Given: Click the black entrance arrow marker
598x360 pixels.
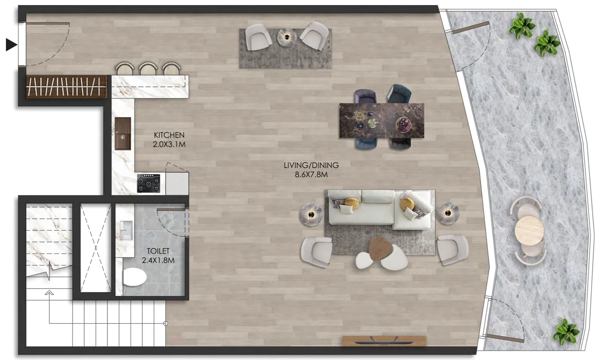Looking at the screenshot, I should click(x=11, y=44).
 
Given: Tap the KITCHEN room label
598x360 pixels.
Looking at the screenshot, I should click(x=169, y=136).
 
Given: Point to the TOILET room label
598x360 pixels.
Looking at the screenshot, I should click(x=158, y=251).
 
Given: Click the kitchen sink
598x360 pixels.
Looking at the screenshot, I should click(x=123, y=133).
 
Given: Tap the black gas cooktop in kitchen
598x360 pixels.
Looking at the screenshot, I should click(x=148, y=183).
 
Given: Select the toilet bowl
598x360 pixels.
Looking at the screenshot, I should click(x=135, y=277).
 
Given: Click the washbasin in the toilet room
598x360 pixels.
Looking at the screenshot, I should click(x=126, y=231).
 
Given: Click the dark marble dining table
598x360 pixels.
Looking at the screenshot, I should click(x=381, y=120).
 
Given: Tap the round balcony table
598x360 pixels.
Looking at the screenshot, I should click(x=529, y=231).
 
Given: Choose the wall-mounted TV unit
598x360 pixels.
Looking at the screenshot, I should click(x=384, y=341).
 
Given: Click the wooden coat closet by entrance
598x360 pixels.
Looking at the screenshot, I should click(x=66, y=87).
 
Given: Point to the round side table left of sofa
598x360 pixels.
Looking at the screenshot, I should click(x=311, y=214).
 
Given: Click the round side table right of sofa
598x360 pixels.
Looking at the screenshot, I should click(x=447, y=213).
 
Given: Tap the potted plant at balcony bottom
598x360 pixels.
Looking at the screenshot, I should click(x=566, y=332).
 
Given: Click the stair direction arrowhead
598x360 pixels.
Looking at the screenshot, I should click(x=50, y=293).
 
